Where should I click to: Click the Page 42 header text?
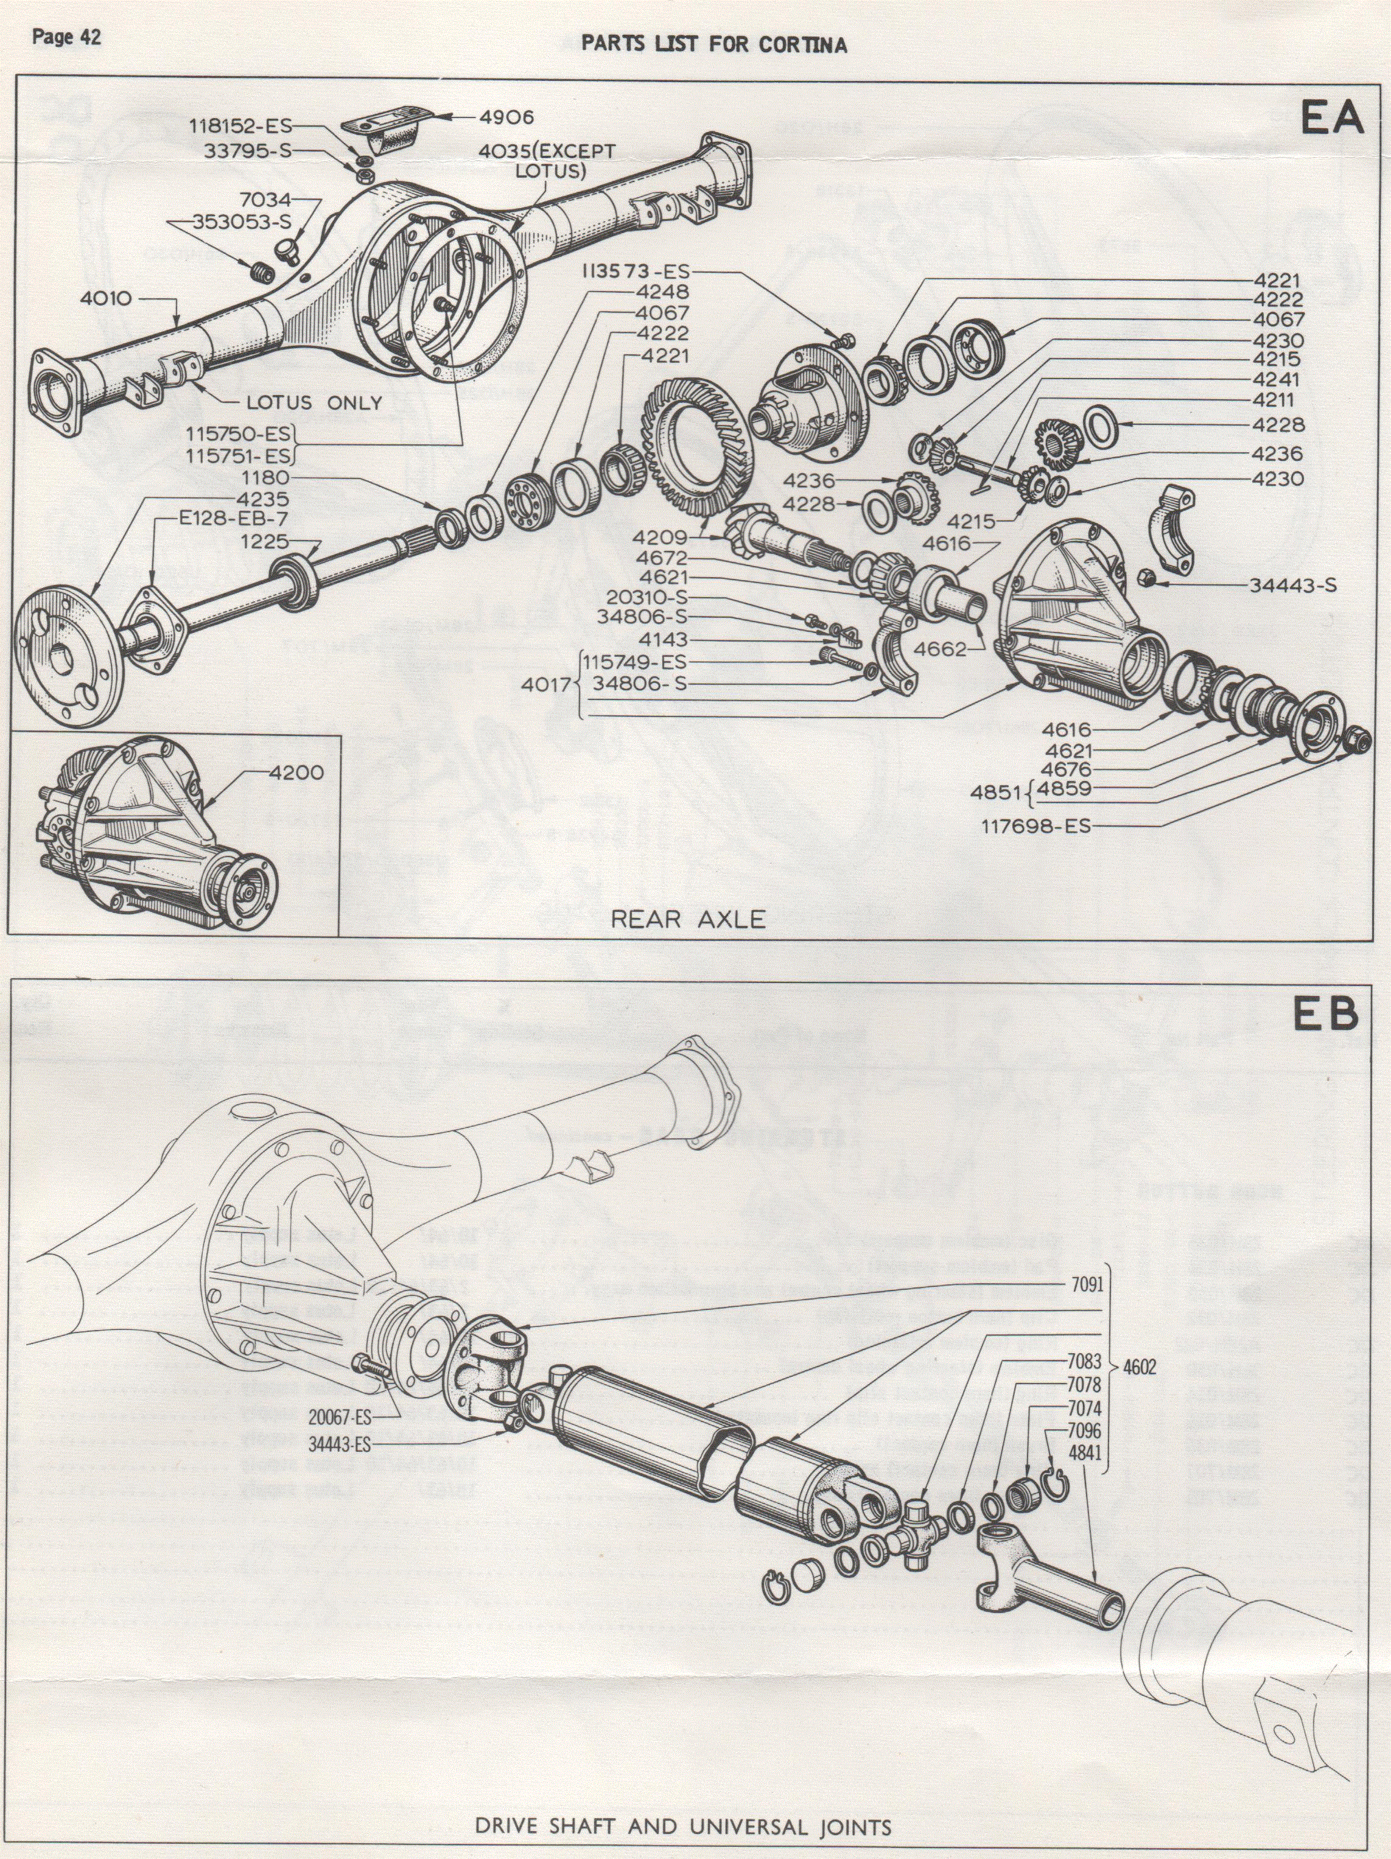coord(66,37)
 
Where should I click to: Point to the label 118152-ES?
coord(239,126)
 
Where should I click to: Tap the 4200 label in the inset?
coord(296,772)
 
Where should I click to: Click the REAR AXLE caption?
coord(687,919)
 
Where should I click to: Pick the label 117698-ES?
coord(1035,826)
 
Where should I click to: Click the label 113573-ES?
coord(634,271)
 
